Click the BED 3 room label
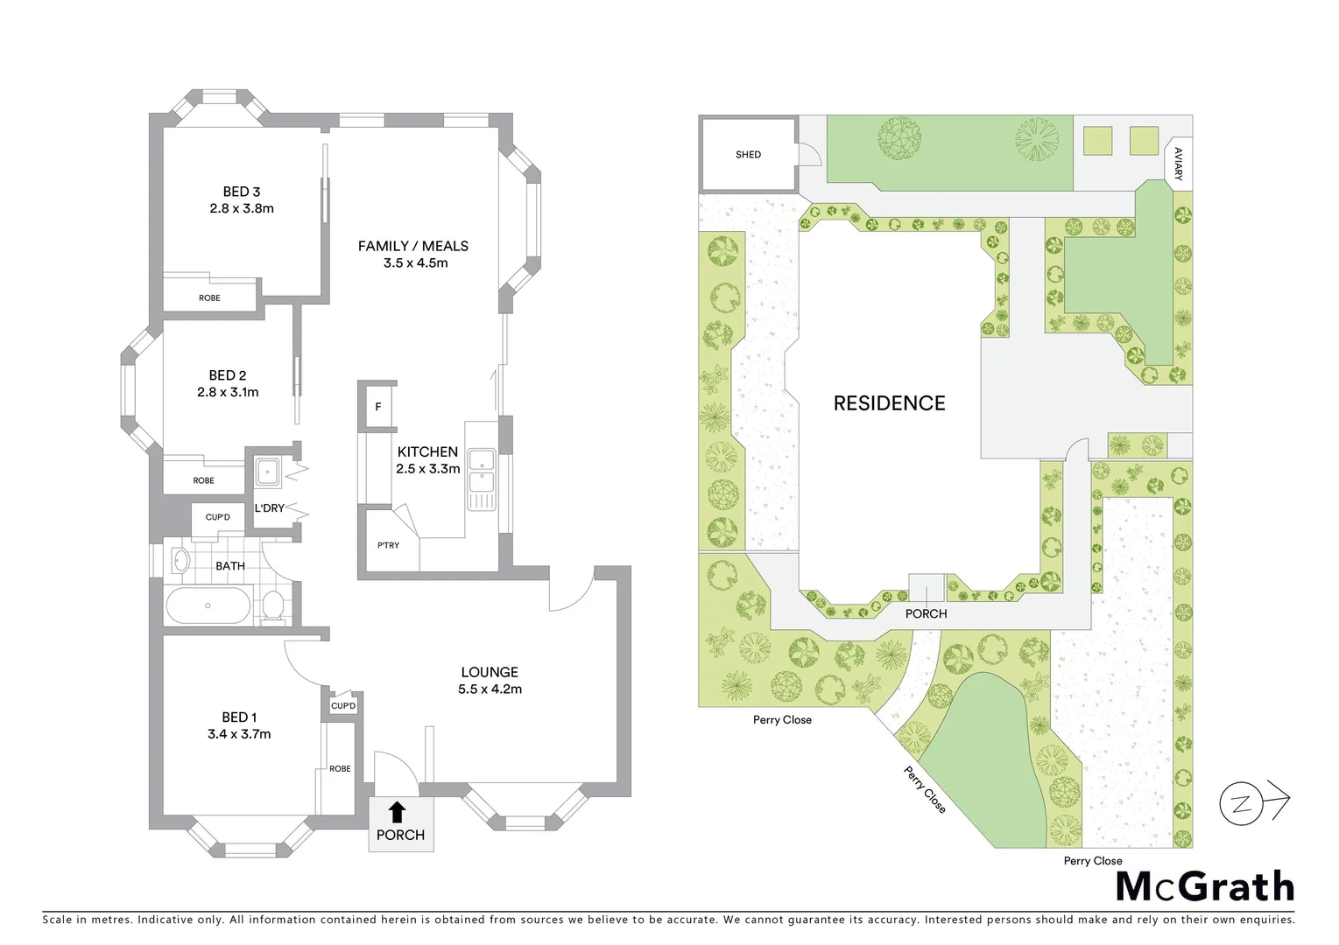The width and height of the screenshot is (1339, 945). point(241,192)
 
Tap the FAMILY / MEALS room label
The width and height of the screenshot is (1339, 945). point(413,246)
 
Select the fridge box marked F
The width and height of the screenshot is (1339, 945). point(378,407)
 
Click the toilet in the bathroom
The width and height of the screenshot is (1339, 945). point(273,606)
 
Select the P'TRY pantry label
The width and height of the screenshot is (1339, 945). point(388,545)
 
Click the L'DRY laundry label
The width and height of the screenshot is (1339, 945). point(269,508)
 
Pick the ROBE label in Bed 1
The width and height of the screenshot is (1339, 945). point(340,768)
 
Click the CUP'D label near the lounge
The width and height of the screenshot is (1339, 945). point(343,706)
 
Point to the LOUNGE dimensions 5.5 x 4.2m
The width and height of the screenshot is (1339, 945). point(490,689)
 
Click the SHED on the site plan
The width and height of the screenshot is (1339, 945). point(748,155)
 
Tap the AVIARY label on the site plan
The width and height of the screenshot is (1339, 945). point(1178,164)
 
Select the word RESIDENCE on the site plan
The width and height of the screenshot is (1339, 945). point(889,403)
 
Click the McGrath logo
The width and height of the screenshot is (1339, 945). point(1204,886)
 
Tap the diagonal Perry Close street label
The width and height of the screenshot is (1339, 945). point(925,789)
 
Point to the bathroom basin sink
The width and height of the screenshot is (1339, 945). point(180,561)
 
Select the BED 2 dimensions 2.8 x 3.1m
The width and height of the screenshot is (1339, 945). point(228,392)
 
